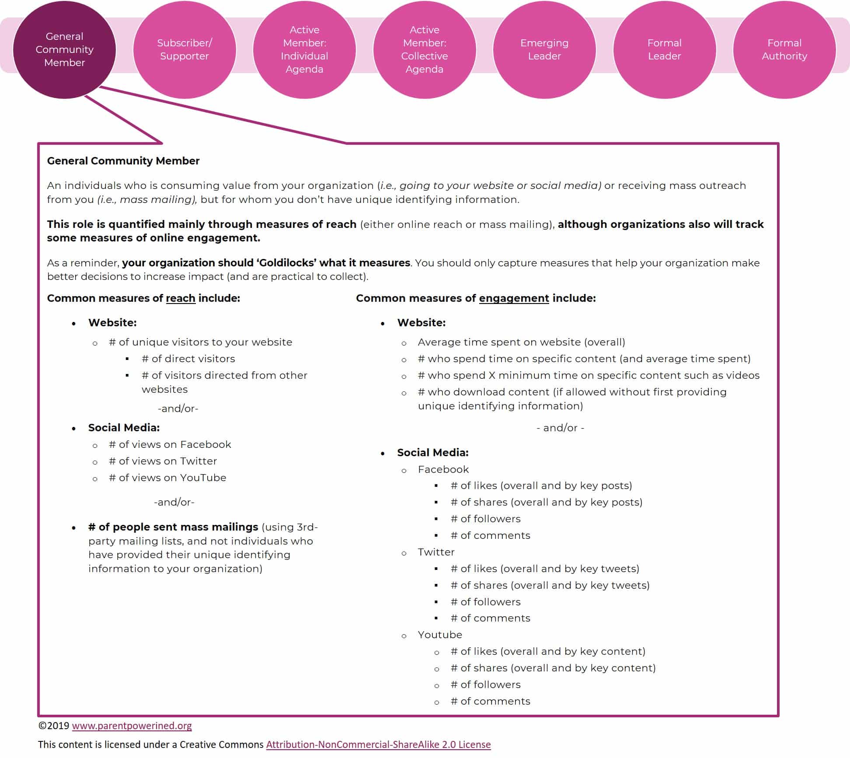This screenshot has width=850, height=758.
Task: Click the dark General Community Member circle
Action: pyautogui.click(x=65, y=49)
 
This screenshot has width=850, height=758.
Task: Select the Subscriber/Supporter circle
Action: pyautogui.click(x=185, y=49)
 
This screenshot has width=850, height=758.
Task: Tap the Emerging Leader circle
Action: pyautogui.click(x=544, y=49)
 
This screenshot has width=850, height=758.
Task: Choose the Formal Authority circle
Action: pyautogui.click(x=784, y=49)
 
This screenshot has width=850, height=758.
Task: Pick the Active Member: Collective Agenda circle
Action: pyautogui.click(x=425, y=49)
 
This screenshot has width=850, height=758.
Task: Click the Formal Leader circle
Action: pyautogui.click(x=665, y=49)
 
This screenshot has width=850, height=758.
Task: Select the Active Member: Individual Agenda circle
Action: pyautogui.click(x=304, y=49)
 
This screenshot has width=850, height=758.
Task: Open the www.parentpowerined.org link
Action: pyautogui.click(x=132, y=726)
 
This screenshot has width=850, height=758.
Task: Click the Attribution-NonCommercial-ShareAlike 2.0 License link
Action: pyautogui.click(x=378, y=744)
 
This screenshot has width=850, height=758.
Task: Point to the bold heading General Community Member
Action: pyautogui.click(x=123, y=161)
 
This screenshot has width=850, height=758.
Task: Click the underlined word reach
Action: pyautogui.click(x=181, y=298)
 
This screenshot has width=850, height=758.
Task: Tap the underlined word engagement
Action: pyautogui.click(x=514, y=298)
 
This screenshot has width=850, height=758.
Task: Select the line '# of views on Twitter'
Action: pyautogui.click(x=163, y=461)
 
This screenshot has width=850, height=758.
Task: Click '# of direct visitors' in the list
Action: pyautogui.click(x=188, y=359)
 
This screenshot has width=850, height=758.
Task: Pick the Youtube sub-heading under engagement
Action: pyautogui.click(x=440, y=635)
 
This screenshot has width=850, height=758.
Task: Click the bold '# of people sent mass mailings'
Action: pyautogui.click(x=173, y=527)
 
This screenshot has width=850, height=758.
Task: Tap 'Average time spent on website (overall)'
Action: pyautogui.click(x=522, y=342)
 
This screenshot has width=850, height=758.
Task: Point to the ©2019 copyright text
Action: pyautogui.click(x=54, y=726)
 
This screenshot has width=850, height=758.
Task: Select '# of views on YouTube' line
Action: pyautogui.click(x=167, y=478)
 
